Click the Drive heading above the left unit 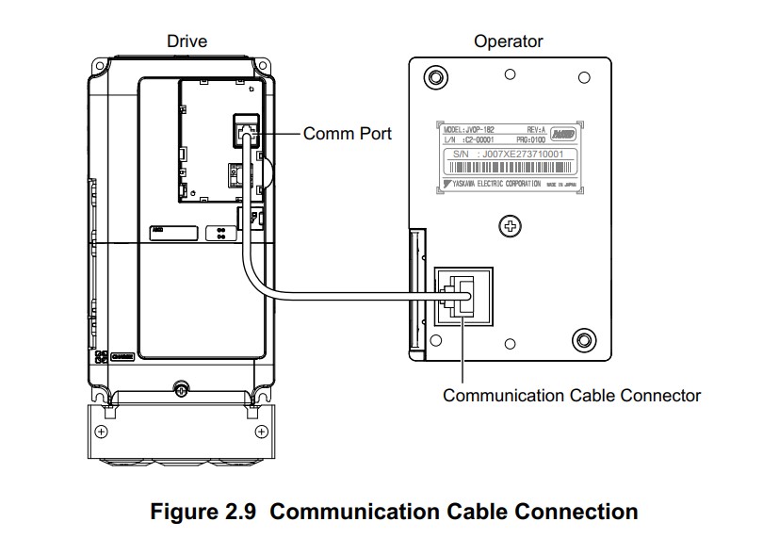point(187,41)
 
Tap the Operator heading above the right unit point(509,41)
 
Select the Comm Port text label point(347,134)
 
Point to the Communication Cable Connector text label point(572,395)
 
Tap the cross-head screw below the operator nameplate point(510,225)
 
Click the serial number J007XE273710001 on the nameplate point(508,154)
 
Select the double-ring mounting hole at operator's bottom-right point(584,339)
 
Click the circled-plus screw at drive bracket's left point(102,432)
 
